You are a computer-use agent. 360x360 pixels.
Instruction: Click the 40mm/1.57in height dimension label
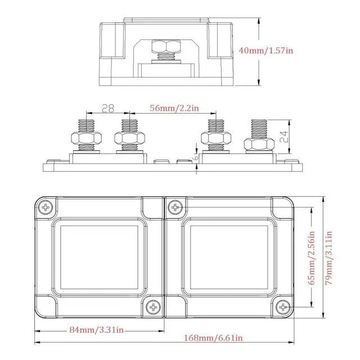[266, 50]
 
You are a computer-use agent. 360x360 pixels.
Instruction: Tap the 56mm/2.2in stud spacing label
[174, 108]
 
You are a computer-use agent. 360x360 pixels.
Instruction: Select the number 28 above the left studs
[108, 108]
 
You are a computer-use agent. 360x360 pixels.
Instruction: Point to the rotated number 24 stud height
[284, 137]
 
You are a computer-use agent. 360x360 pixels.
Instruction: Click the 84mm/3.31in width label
[96, 330]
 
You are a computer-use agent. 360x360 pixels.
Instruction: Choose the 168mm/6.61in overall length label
[213, 337]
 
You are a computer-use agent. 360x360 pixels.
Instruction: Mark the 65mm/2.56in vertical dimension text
[311, 258]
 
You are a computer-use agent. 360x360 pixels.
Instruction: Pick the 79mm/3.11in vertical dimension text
[328, 258]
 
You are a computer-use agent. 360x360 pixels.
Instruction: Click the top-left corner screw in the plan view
[46, 208]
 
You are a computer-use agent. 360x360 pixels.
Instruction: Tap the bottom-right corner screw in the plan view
[283, 307]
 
